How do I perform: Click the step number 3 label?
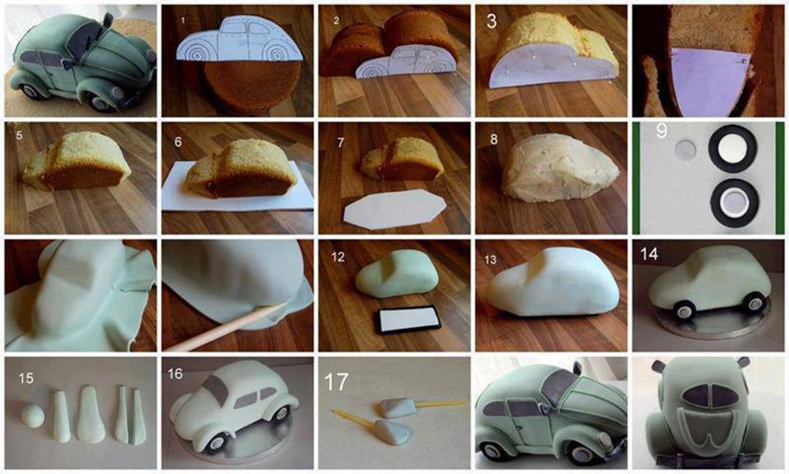click(x=491, y=21)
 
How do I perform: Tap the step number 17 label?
click(x=336, y=382)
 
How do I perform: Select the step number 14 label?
click(x=649, y=253)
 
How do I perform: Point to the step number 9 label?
click(x=662, y=131)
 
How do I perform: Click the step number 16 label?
click(x=175, y=374)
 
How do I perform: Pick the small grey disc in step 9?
click(x=685, y=150)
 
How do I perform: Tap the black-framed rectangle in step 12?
click(x=407, y=319)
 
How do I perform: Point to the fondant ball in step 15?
click(x=33, y=416)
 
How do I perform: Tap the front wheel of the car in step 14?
click(x=683, y=309)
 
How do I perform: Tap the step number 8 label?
click(x=494, y=139)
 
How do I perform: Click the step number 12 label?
click(x=338, y=257)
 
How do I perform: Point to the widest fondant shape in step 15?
click(x=90, y=414)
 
